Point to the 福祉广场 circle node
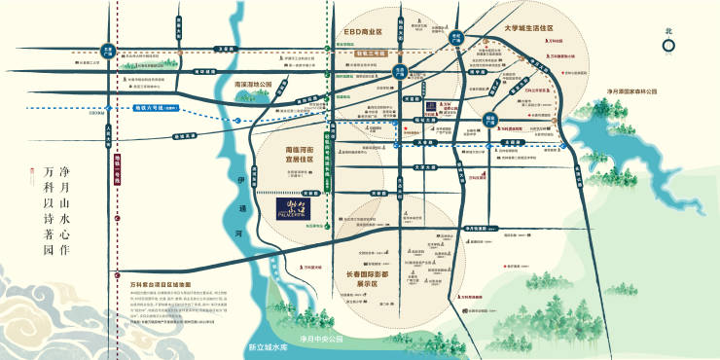479,118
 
